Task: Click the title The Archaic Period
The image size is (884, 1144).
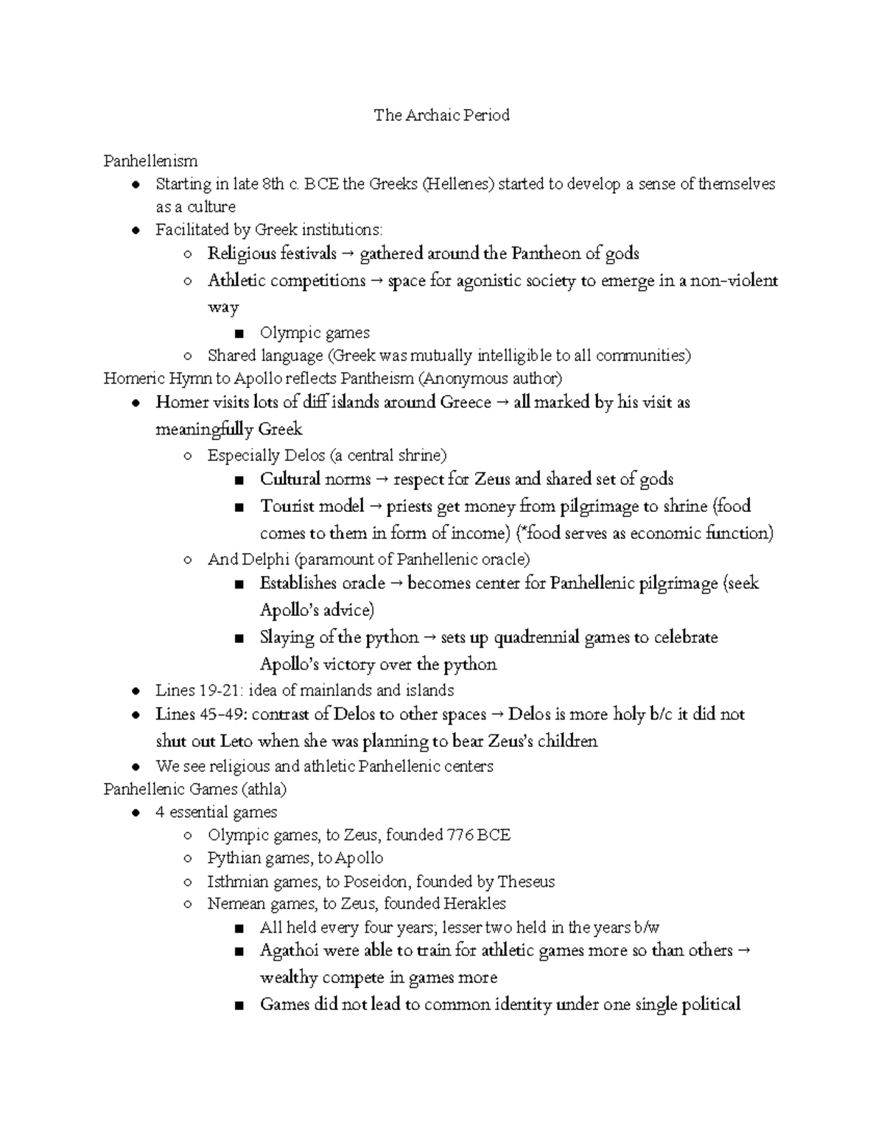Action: pos(441,115)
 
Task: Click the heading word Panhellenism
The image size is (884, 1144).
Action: pos(150,161)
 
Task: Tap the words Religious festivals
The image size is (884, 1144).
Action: pos(272,254)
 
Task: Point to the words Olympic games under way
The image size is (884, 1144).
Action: pos(315,333)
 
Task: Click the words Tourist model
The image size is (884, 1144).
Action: pos(312,506)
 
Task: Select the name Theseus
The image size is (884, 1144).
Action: pos(526,882)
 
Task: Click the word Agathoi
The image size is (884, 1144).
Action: pos(289,950)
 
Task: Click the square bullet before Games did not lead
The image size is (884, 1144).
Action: pos(237,1005)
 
